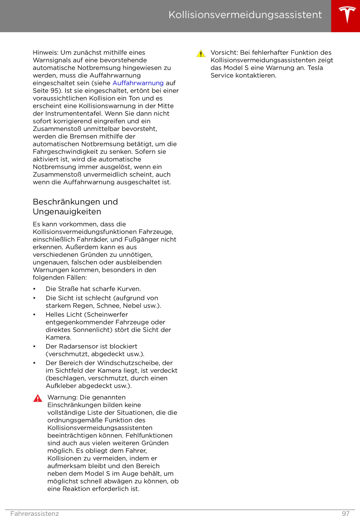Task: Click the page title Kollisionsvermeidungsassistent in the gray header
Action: pos(245,15)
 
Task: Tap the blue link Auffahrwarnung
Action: pos(138,83)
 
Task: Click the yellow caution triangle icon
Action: pos(201,53)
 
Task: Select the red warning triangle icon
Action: pos(38,398)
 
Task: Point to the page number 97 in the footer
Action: pos(346,513)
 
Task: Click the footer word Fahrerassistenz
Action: pos(35,513)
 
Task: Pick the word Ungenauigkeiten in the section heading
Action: pos(67,212)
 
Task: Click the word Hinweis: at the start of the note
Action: pos(45,53)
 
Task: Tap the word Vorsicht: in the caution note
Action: pos(224,53)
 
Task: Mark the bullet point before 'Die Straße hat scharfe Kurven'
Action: pos(34,289)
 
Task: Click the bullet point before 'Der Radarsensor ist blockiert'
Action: pos(34,346)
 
